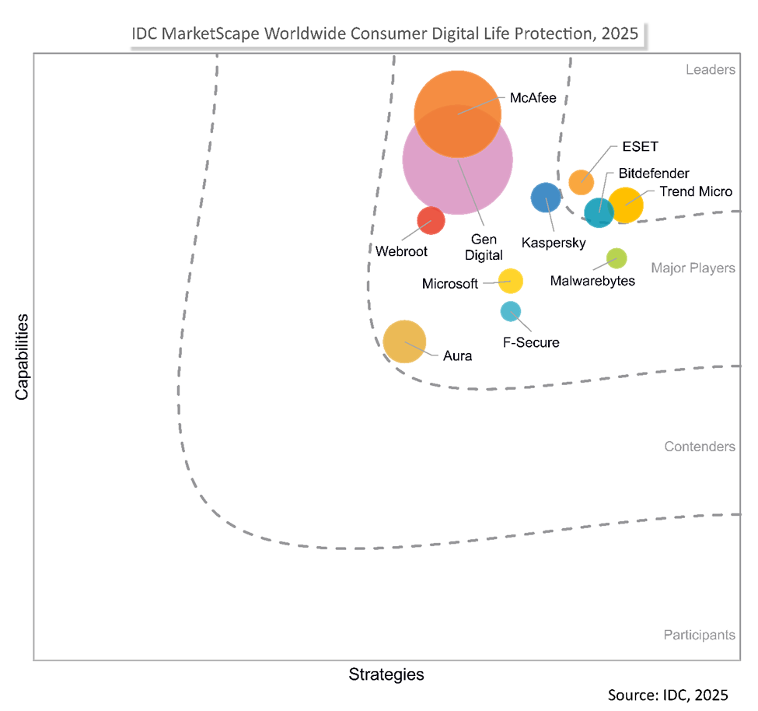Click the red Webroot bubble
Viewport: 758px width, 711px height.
coord(431,220)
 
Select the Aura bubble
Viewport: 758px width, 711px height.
coord(405,341)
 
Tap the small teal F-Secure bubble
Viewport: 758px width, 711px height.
coord(510,311)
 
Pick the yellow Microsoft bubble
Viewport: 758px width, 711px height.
coord(510,280)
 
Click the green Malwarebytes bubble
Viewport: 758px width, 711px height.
coord(617,257)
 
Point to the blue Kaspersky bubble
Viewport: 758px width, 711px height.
coord(545,198)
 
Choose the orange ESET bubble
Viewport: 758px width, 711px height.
coord(581,182)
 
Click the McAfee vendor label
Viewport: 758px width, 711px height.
coord(533,98)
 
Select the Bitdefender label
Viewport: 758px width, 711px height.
coord(654,173)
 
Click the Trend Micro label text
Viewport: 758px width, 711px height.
coord(696,191)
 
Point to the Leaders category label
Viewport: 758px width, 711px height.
coord(710,70)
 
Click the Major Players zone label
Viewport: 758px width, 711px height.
coord(693,268)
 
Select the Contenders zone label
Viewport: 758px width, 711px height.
coord(700,447)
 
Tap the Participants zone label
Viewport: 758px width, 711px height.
coord(699,635)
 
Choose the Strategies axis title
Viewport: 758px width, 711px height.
coord(386,674)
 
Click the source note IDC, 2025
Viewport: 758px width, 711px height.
coord(668,694)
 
